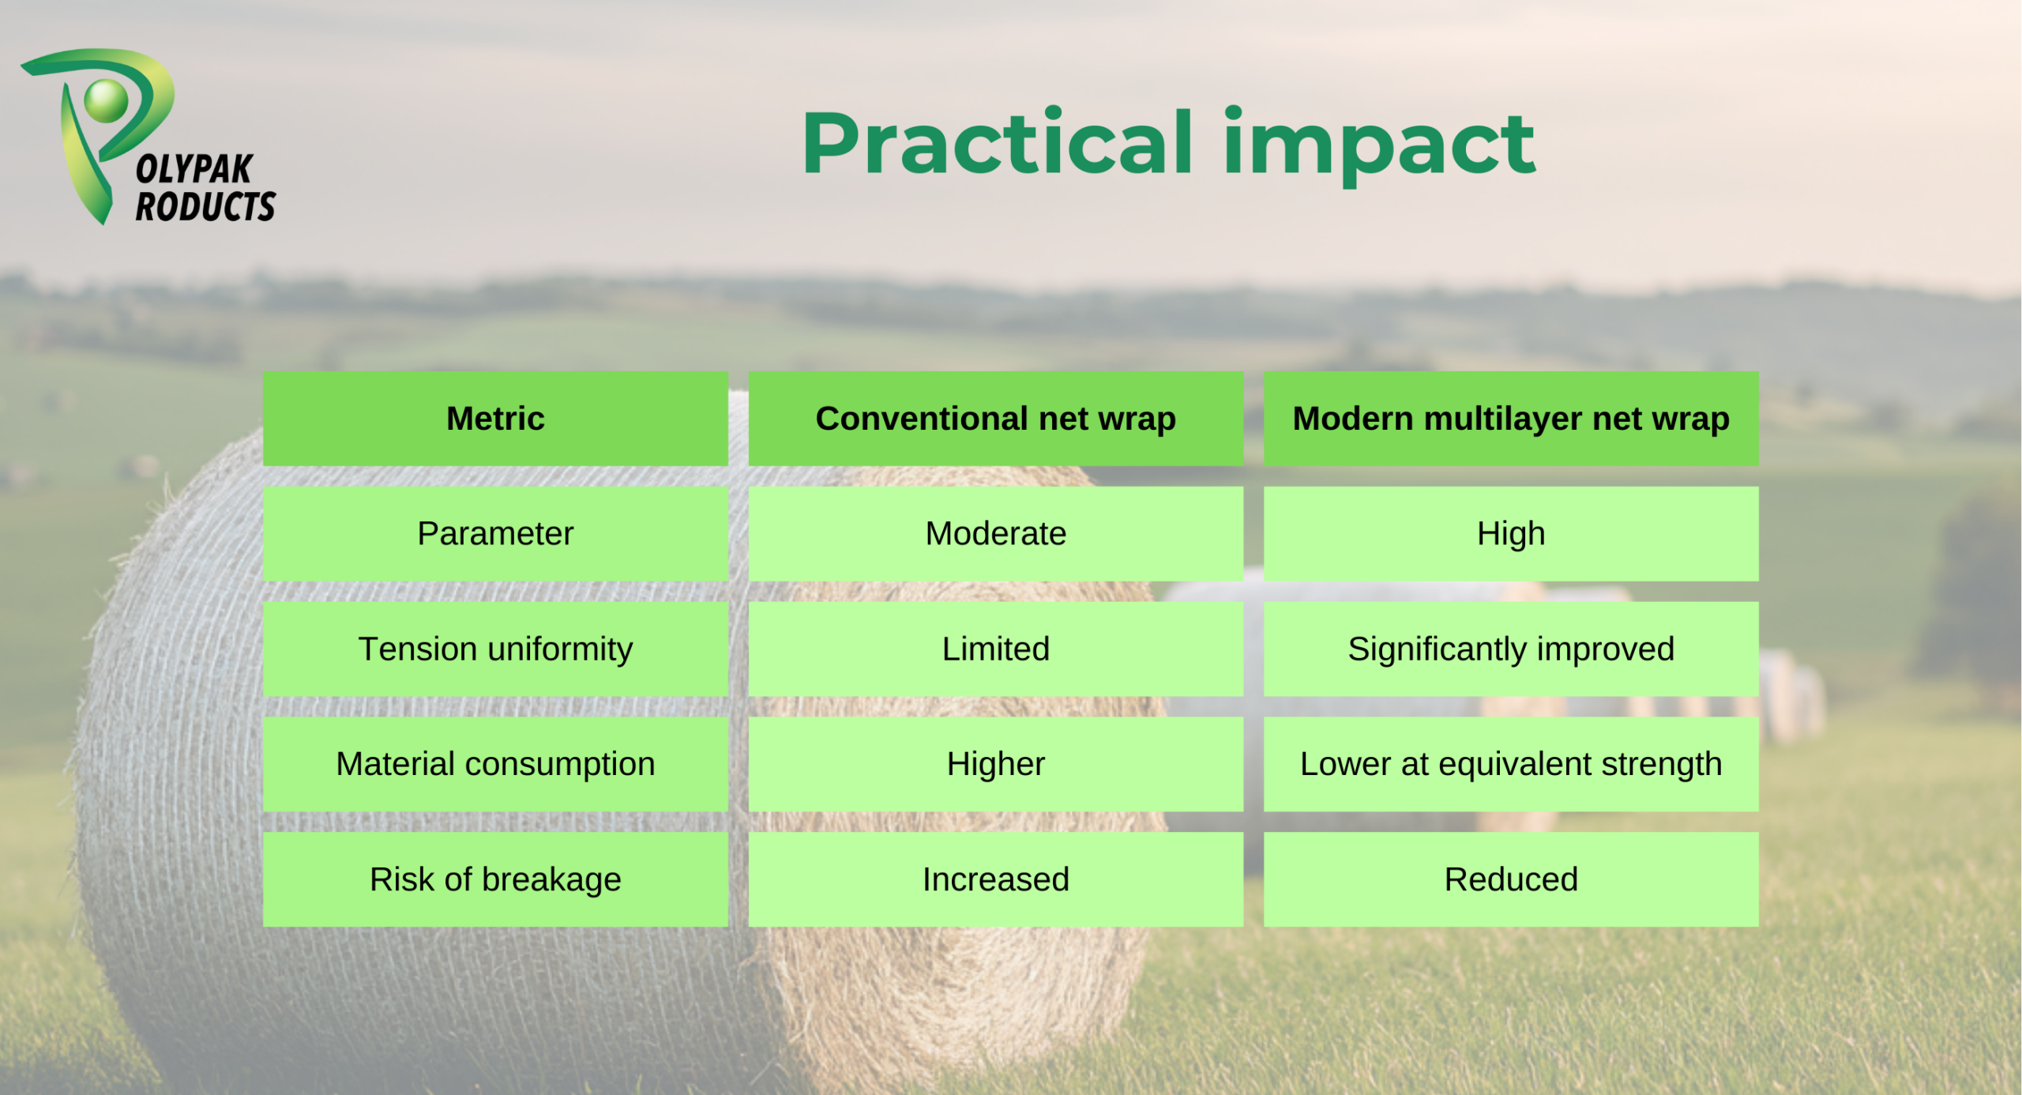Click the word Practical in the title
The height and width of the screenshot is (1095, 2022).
[x=998, y=143]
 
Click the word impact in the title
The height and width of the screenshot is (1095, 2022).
[x=1379, y=147]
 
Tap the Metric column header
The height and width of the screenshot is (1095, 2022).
[x=495, y=419]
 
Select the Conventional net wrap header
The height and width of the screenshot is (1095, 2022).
[x=995, y=419]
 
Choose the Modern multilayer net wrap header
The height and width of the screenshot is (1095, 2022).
[x=1511, y=419]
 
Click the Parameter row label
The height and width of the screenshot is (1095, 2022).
[x=495, y=534]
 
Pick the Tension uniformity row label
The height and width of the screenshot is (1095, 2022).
[x=495, y=649]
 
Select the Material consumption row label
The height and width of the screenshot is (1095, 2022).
[x=495, y=764]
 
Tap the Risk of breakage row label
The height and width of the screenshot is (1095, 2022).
[x=495, y=879]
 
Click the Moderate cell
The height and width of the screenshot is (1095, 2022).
[x=995, y=534]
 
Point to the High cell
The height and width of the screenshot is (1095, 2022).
[x=1511, y=534]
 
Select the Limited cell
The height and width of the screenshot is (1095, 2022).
[x=995, y=649]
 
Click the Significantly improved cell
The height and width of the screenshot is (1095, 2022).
[x=1511, y=649]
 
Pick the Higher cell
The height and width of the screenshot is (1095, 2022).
[x=995, y=764]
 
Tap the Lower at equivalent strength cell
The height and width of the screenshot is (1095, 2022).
[x=1511, y=764]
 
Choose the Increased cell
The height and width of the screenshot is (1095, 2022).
[x=995, y=879]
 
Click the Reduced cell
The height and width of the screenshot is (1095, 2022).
[x=1511, y=879]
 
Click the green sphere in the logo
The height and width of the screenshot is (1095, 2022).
[x=106, y=100]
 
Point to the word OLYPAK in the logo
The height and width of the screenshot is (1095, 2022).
[x=194, y=169]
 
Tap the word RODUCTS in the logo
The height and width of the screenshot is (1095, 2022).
[x=205, y=206]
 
